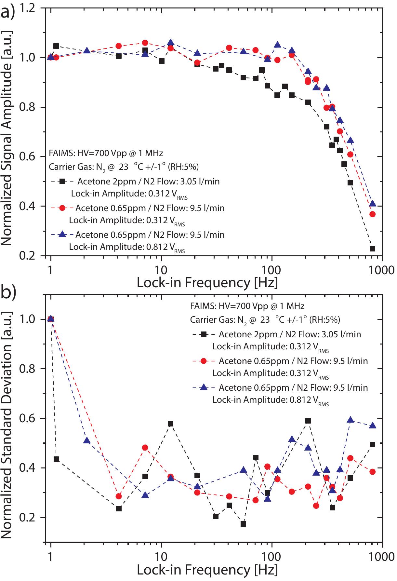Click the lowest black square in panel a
coord(373,249)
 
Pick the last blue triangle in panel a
coord(373,204)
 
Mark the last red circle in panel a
coord(373,214)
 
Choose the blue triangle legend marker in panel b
coord(204,387)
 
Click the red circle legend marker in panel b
coord(204,361)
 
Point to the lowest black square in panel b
coord(243,524)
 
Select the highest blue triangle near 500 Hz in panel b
coord(350,420)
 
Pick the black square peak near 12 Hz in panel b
coord(170,424)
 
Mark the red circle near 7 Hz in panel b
coord(145,448)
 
